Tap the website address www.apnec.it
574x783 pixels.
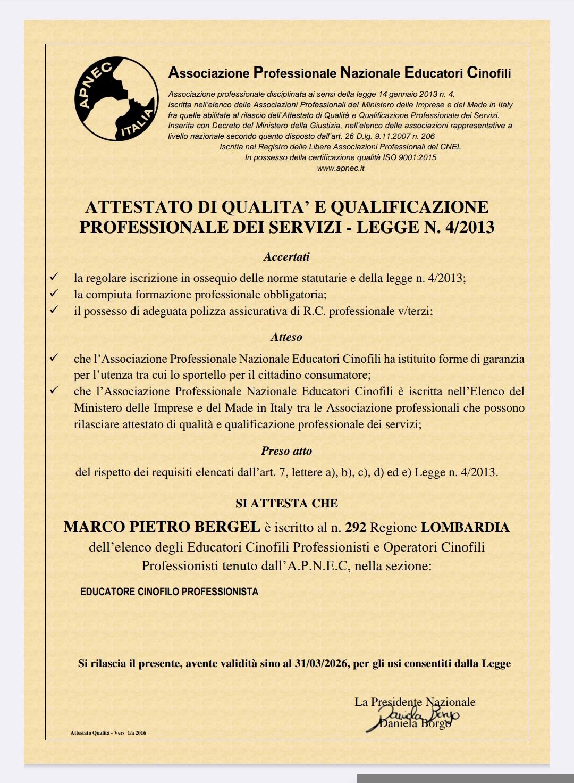pyautogui.click(x=340, y=168)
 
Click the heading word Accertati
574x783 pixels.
pyautogui.click(x=286, y=257)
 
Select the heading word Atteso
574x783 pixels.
pyautogui.click(x=286, y=337)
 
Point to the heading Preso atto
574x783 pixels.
pyautogui.click(x=286, y=451)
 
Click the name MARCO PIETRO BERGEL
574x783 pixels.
pyautogui.click(x=162, y=527)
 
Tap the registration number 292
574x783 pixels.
pyautogui.click(x=356, y=528)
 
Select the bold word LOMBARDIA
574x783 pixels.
pyautogui.click(x=465, y=528)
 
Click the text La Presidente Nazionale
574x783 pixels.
pyautogui.click(x=415, y=702)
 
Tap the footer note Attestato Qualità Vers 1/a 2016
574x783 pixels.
pyautogui.click(x=108, y=733)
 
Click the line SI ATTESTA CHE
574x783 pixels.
pyautogui.click(x=286, y=503)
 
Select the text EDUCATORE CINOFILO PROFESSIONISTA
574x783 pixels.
pyautogui.click(x=169, y=592)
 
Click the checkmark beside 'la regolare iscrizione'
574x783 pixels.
pyautogui.click(x=54, y=277)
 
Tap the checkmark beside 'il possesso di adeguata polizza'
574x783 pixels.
pyautogui.click(x=54, y=310)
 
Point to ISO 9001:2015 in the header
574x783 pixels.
pyautogui.click(x=416, y=157)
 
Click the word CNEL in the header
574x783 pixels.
pyautogui.click(x=451, y=147)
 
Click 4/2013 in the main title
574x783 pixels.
pyautogui.click(x=468, y=228)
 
